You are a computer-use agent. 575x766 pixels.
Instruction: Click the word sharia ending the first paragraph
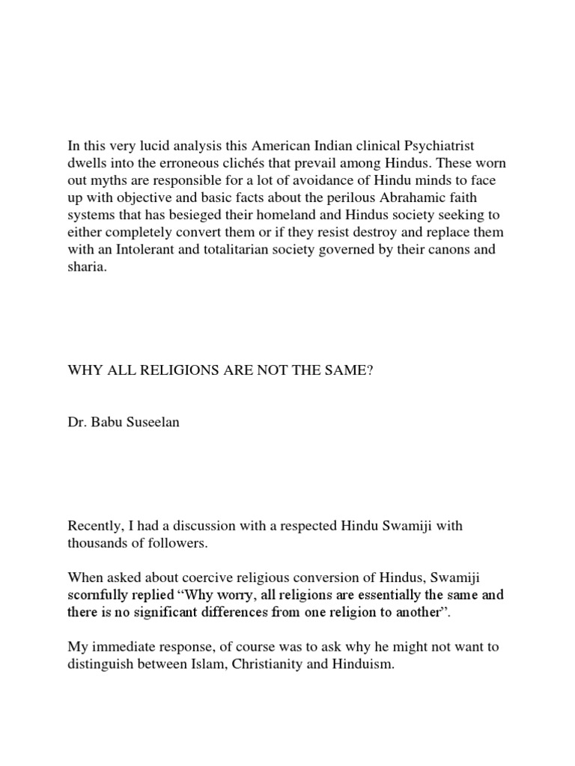pyautogui.click(x=86, y=267)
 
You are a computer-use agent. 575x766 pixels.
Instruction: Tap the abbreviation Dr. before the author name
pyautogui.click(x=77, y=423)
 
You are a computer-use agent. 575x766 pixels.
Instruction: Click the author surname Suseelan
pyautogui.click(x=153, y=423)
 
